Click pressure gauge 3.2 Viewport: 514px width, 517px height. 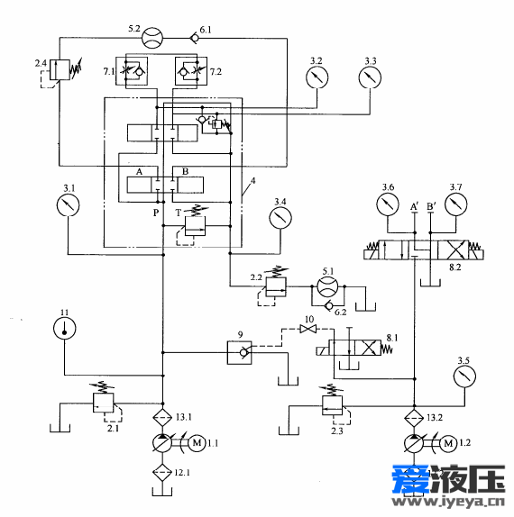317,77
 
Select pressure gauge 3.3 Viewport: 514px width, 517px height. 370,77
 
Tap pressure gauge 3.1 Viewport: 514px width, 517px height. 68,205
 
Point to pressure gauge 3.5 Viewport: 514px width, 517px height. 464,376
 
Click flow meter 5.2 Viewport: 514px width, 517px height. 152,38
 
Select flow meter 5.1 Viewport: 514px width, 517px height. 328,286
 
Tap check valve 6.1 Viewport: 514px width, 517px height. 195,38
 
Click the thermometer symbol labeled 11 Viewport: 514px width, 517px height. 64,329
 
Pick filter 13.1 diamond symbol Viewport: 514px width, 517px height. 162,417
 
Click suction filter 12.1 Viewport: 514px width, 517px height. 162,472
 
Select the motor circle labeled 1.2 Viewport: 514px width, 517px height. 448,443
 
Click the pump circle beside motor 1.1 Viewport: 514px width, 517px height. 162,443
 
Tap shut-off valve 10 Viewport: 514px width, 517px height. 308,329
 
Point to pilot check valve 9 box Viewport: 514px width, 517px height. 239,352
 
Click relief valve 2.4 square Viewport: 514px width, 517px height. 60,69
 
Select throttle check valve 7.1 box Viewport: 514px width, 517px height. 132,71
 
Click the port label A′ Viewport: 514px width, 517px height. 414,207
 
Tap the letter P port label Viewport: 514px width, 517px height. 156,213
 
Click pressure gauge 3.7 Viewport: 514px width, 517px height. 456,204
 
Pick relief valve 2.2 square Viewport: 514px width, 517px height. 276,286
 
